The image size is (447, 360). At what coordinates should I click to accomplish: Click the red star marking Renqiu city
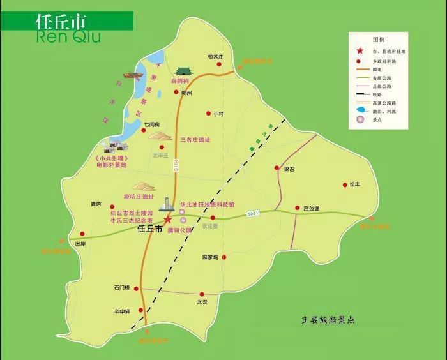click(x=168, y=219)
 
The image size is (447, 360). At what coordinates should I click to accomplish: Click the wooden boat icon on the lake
click(x=133, y=77)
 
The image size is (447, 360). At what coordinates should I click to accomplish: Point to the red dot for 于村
click(x=208, y=114)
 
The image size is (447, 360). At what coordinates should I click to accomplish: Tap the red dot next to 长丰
click(x=345, y=184)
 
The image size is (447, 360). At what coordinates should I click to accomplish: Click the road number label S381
click(x=254, y=214)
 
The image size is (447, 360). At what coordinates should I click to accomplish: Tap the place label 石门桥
click(x=122, y=288)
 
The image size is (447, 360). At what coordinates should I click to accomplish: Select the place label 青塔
click(x=96, y=204)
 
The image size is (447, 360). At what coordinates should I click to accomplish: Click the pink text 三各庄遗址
click(x=195, y=139)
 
